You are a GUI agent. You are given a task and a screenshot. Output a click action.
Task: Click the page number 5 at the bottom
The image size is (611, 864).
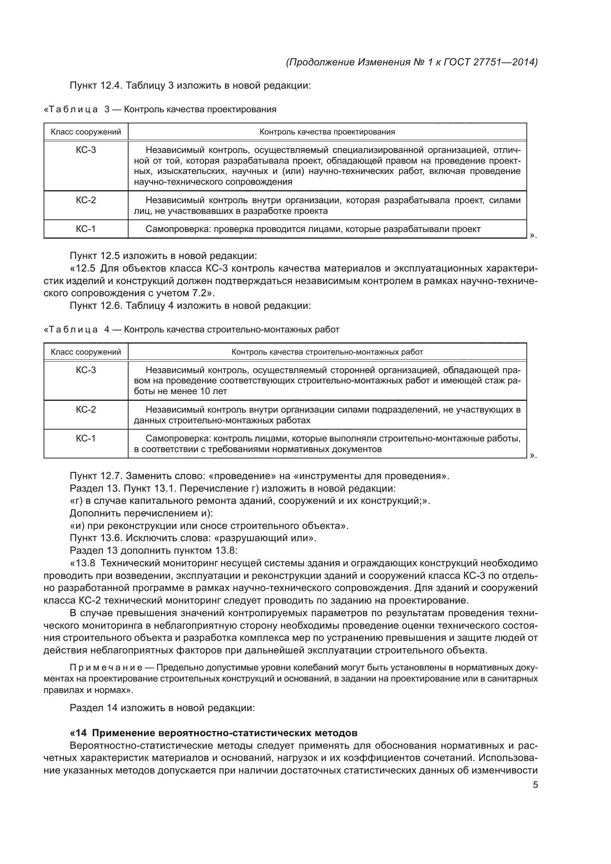click(x=535, y=785)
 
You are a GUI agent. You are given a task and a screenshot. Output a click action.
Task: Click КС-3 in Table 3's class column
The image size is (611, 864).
click(x=86, y=150)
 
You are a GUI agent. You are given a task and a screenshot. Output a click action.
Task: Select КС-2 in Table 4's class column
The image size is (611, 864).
click(x=86, y=409)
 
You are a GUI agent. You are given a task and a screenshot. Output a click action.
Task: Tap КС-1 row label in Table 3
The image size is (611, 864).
click(x=86, y=229)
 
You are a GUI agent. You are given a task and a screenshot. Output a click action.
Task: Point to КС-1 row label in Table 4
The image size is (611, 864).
click(x=86, y=438)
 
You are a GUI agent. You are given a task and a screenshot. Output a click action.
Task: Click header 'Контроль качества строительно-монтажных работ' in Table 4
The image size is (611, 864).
click(x=327, y=352)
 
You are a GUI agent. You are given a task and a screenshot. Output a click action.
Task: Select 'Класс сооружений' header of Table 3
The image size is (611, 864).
click(x=86, y=132)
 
